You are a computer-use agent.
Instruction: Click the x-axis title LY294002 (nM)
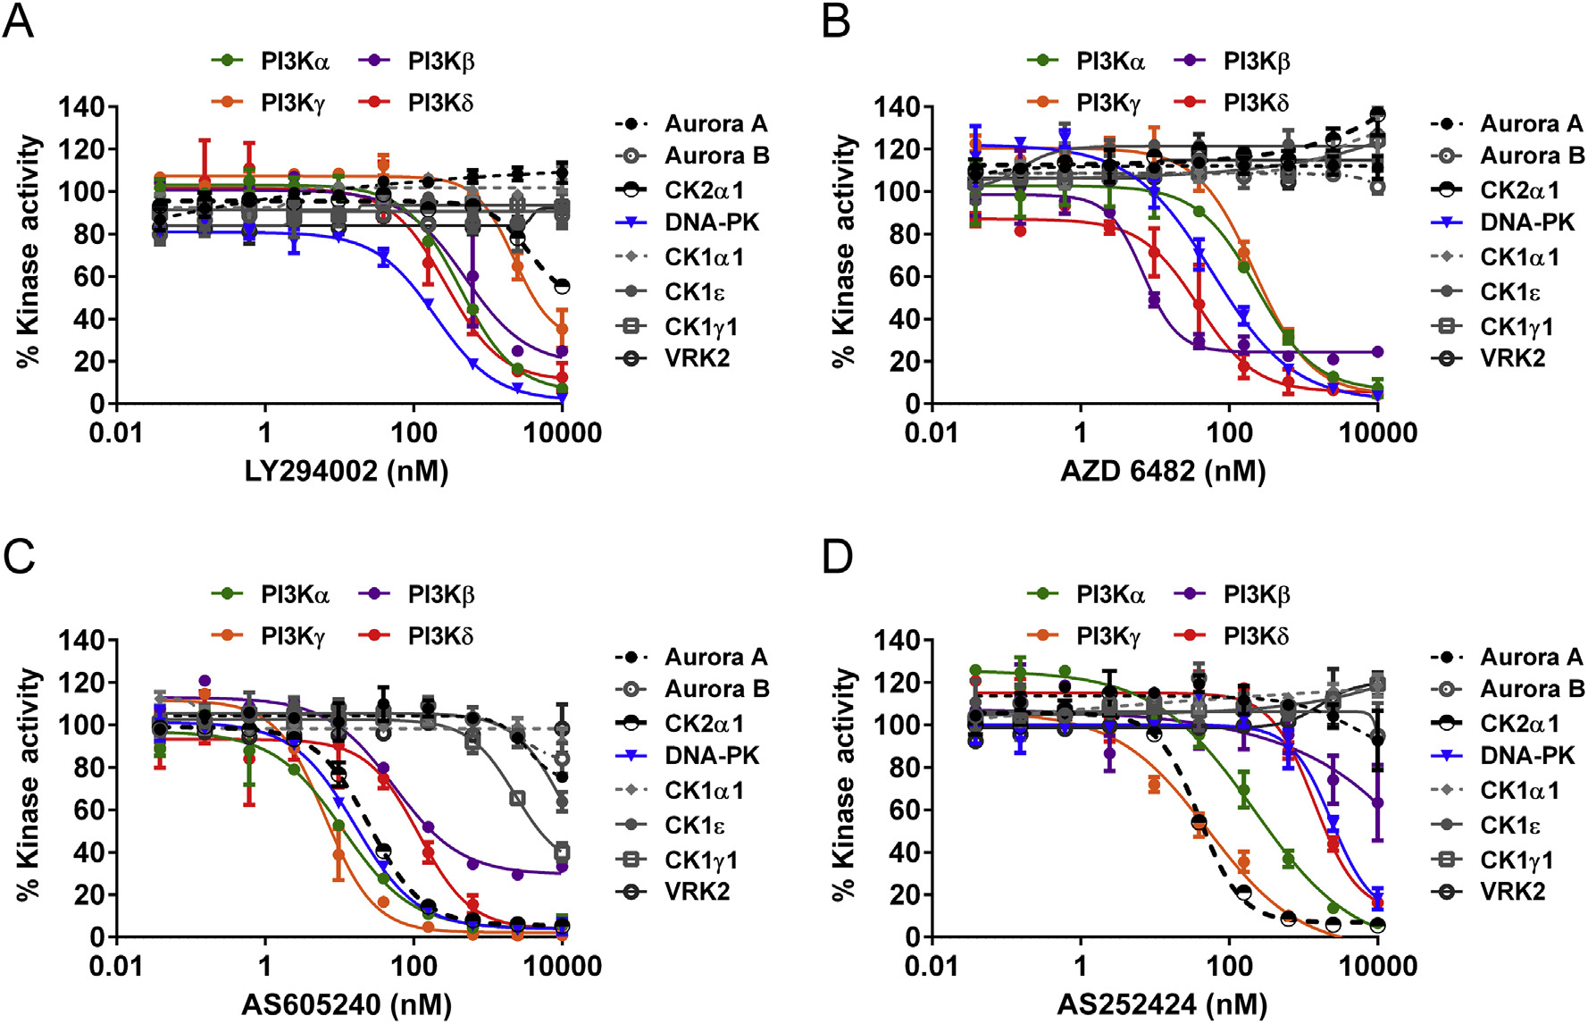click(x=347, y=471)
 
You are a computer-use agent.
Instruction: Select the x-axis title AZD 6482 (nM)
click(x=1163, y=471)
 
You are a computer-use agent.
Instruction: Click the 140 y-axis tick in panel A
click(x=81, y=107)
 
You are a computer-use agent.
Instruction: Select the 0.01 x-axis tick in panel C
click(x=116, y=967)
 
